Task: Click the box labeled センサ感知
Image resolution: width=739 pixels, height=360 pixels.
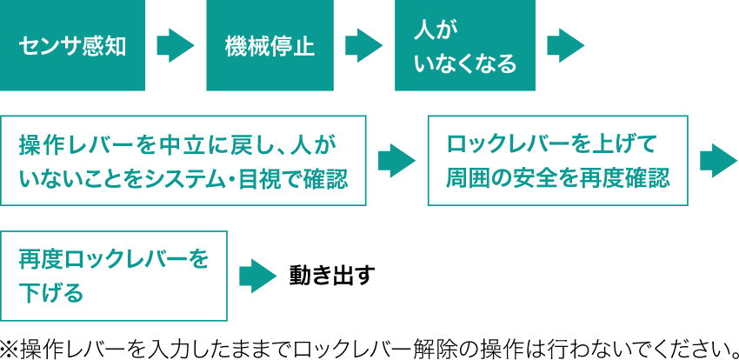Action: pos(73,46)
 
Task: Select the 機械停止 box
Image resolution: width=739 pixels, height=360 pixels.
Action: pos(270,46)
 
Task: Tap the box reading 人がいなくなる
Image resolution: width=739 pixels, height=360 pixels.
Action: pos(465,46)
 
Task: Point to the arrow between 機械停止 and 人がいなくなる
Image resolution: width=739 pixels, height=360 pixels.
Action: pos(364,46)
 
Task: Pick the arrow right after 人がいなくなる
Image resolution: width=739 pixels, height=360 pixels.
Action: pos(565,46)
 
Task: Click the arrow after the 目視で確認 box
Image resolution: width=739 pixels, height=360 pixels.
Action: pos(396,160)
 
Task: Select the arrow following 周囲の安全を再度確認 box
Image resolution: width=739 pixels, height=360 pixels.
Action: pos(718,160)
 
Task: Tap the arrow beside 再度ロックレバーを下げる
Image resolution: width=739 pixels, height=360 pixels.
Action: pos(257,276)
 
